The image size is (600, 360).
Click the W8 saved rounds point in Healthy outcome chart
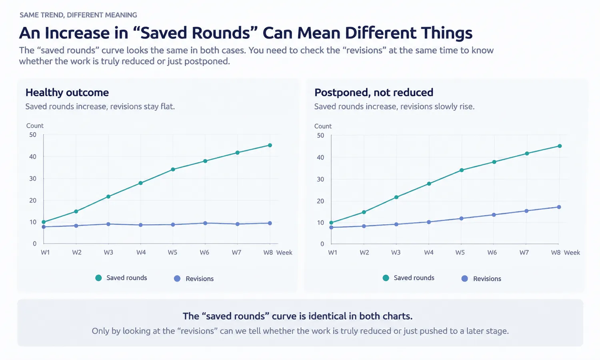point(270,145)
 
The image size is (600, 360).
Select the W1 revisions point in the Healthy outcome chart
point(44,227)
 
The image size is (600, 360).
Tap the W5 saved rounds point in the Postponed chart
point(462,170)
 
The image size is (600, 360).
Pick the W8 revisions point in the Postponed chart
point(559,207)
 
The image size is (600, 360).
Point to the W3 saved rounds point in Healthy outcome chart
point(108,197)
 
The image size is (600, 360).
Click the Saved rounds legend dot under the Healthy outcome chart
point(98,278)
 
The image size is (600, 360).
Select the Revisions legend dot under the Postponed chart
point(465,278)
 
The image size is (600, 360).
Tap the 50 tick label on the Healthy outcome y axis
point(33,135)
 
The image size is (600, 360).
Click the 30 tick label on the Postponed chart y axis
point(320,179)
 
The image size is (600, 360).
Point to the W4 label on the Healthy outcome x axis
point(141,252)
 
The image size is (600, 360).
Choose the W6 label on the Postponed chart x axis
point(492,252)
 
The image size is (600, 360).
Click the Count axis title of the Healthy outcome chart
point(35,126)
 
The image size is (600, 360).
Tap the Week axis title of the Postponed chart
point(572,252)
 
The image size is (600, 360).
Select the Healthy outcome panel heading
point(67,92)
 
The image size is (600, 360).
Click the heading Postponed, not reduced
point(374,92)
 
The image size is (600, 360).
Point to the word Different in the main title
point(380,33)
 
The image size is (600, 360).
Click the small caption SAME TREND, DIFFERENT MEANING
point(78,15)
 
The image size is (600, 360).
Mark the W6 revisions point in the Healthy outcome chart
point(205,223)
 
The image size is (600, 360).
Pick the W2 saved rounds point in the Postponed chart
point(364,212)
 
